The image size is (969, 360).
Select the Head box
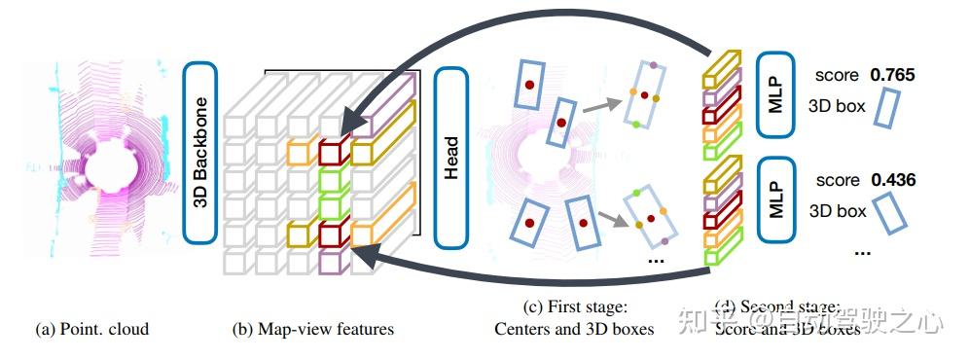point(451,156)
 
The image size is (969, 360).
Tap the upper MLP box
point(775,90)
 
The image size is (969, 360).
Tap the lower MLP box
point(775,196)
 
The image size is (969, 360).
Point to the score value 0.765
point(893,75)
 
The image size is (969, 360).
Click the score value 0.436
point(893,180)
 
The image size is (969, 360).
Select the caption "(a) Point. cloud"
point(92,329)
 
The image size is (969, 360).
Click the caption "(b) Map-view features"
point(313,329)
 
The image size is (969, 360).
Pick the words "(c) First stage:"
point(574,307)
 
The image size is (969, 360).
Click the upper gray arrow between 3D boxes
point(603,105)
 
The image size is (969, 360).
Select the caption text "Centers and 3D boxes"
point(574,329)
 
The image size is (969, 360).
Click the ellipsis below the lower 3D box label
point(860,250)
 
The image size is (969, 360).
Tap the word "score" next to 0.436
point(838,180)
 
